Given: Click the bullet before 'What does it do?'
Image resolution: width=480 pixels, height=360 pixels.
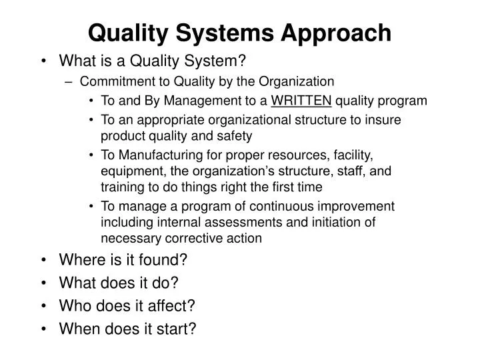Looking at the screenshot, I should [43, 283].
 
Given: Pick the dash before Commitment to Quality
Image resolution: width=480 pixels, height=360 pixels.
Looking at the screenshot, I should [71, 81].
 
